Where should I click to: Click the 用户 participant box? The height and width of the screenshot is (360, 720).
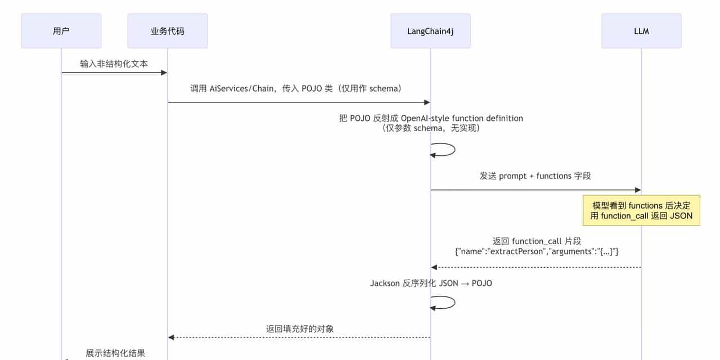click(61, 31)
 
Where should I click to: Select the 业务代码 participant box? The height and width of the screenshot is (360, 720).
click(167, 31)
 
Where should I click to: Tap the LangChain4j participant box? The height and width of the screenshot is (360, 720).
click(430, 31)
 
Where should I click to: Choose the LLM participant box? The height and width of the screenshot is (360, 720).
click(641, 31)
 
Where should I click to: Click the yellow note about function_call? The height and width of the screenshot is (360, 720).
click(641, 211)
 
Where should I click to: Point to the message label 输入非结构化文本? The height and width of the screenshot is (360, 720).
click(114, 64)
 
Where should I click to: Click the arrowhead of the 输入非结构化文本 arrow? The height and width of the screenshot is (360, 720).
click(164, 73)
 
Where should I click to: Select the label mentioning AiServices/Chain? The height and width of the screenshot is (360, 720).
click(295, 88)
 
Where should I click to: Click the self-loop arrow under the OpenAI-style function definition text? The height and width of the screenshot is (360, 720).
click(444, 150)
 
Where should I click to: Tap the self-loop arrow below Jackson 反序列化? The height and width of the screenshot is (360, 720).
click(444, 303)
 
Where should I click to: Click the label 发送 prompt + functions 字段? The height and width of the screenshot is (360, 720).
click(535, 176)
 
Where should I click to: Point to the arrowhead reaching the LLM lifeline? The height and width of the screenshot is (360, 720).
click(638, 190)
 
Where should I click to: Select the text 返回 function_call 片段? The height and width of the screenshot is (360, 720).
click(536, 241)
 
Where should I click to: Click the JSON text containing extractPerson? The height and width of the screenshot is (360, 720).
click(536, 251)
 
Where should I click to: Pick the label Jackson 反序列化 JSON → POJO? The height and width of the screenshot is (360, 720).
click(431, 283)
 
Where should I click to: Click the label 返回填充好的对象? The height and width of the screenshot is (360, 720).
click(300, 328)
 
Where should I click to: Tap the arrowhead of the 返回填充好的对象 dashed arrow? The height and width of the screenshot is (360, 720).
click(171, 337)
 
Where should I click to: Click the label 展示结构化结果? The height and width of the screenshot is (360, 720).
click(115, 353)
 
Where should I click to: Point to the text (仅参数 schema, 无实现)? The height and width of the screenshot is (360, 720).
click(431, 128)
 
